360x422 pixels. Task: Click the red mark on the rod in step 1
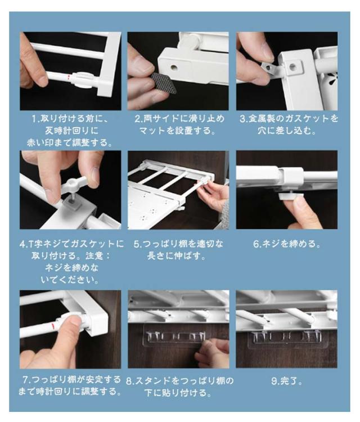pyautogui.click(x=69, y=77)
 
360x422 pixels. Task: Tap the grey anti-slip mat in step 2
pyautogui.click(x=164, y=83)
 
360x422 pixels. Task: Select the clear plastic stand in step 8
pyautogui.click(x=175, y=336)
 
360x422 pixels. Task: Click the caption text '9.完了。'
pyautogui.click(x=287, y=381)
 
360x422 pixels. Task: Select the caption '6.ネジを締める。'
pyautogui.click(x=287, y=244)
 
